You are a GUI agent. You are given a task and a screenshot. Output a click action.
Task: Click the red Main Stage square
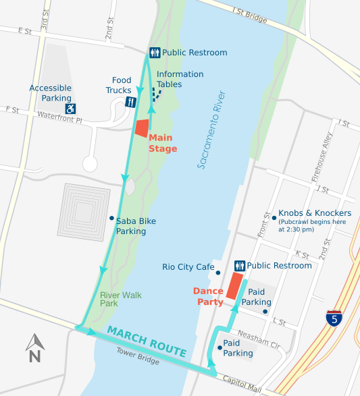(143, 128)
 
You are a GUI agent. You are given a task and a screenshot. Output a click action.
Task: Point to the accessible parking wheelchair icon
(70, 108)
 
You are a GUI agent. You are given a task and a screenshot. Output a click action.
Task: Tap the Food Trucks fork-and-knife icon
(131, 102)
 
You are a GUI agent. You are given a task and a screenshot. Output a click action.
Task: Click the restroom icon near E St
(154, 52)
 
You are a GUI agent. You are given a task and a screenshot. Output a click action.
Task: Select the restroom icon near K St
(239, 266)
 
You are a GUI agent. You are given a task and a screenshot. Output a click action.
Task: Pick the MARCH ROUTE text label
(146, 341)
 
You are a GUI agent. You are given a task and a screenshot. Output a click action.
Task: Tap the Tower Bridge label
(137, 356)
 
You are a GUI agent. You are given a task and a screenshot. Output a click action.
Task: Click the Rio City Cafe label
(188, 267)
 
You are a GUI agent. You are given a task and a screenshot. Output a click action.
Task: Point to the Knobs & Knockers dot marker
(274, 217)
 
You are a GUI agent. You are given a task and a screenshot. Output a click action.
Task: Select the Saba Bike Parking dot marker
(111, 218)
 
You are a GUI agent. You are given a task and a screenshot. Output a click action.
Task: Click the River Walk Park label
(118, 299)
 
